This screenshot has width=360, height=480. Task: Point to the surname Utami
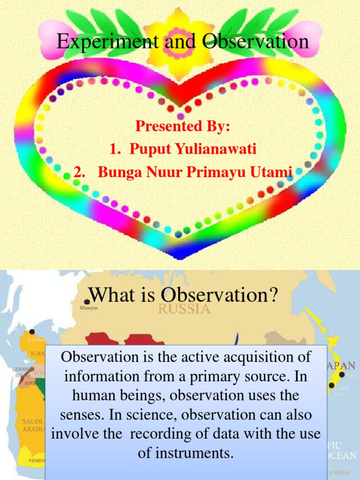[x=274, y=172]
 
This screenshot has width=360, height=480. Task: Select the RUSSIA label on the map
[x=184, y=309]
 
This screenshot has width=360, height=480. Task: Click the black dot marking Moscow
[x=87, y=302]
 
